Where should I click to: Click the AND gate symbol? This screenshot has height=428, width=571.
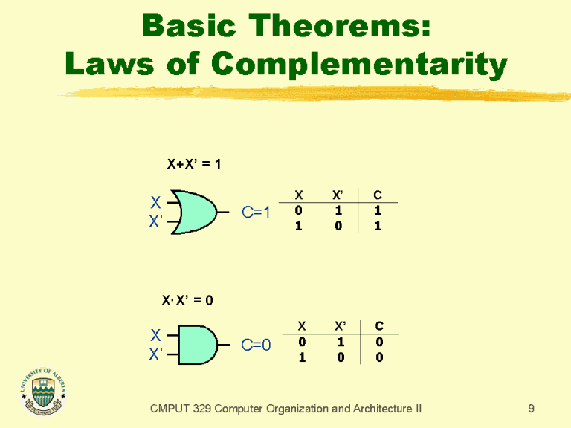point(196,345)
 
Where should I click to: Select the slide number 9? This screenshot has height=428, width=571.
point(531,408)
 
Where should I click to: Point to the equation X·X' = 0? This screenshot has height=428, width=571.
point(188,300)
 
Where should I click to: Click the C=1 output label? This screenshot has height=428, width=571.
point(257,213)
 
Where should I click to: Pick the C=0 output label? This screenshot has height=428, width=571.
point(257,345)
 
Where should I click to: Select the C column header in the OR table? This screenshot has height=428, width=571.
point(377,195)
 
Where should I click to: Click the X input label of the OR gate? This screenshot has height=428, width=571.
point(155,202)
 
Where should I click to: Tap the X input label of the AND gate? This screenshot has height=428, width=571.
point(155,335)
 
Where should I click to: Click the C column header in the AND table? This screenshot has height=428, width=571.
point(378,325)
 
